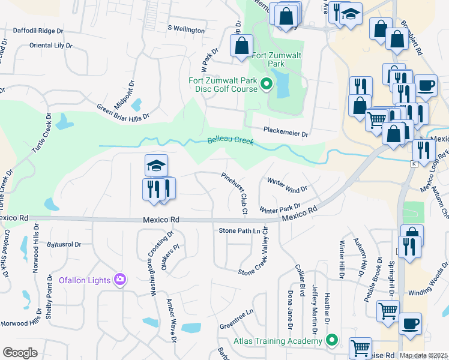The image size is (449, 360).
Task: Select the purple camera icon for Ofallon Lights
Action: point(121,280)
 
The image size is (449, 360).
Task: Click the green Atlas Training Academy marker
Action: point(331,341)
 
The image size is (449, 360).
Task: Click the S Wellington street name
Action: point(186,29)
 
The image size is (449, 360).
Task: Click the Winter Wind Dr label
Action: point(287,184)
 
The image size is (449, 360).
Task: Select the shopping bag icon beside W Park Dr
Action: point(241,46)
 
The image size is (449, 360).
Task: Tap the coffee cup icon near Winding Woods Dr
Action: point(410,323)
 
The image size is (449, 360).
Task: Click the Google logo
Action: point(20,352)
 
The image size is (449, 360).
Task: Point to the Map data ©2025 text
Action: point(424,355)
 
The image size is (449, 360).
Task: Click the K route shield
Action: point(414,164)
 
